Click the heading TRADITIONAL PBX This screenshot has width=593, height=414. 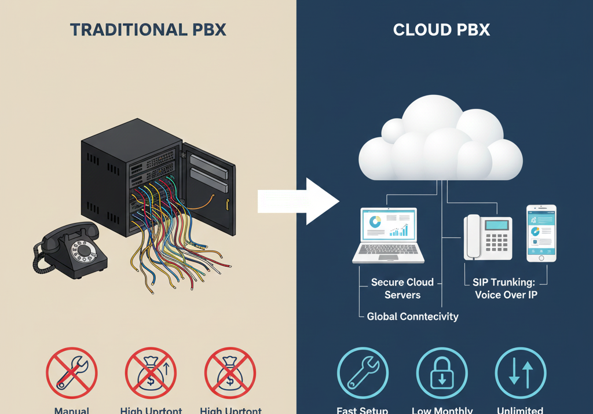click(148, 30)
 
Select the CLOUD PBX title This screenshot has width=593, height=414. click(441, 30)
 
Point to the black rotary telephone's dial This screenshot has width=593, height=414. click(85, 251)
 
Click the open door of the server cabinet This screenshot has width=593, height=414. click(209, 185)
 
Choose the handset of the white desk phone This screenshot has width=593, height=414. click(473, 236)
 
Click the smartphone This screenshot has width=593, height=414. click(541, 233)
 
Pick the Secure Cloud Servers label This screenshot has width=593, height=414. click(402, 288)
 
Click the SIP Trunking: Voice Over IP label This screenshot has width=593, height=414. click(506, 288)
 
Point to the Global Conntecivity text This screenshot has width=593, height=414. click(412, 317)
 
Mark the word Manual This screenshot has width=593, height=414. click(72, 410)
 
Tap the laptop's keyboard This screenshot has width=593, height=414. click(389, 251)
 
